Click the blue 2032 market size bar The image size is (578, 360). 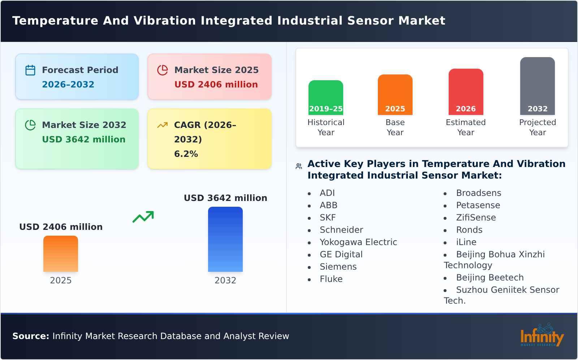coord(225,239)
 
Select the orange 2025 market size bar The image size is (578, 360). coord(61,253)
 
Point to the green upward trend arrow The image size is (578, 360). coord(143,217)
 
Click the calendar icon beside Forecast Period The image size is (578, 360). coord(30,70)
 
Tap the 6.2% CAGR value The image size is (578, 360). coord(186,154)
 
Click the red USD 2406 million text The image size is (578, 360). coord(216,85)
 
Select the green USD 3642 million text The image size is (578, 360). coord(83,140)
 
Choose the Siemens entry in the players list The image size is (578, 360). coord(338,267)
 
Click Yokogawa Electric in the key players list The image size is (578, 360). coord(358,242)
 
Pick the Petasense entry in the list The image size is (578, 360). coord(478,205)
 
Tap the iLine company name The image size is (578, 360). coord(466,242)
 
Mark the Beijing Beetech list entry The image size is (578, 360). coord(489,278)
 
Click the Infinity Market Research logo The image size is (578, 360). coord(542,335)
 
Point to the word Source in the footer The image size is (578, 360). coord(30,336)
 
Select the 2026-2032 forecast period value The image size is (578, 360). coord(68,85)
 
